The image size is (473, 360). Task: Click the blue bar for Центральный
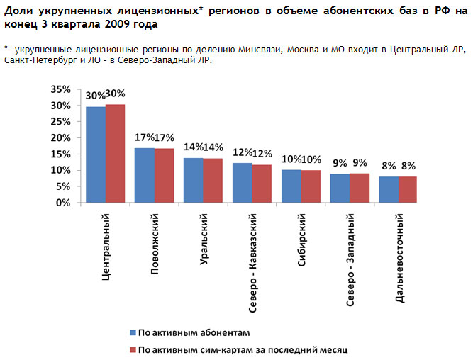(x=96, y=154)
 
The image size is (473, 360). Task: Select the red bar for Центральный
(x=115, y=153)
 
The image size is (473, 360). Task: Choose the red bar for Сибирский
(x=310, y=186)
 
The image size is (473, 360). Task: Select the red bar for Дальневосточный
(x=407, y=189)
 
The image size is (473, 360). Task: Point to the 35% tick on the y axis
(x=60, y=89)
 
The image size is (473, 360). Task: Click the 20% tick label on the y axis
(x=60, y=137)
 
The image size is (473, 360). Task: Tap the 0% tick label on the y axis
(x=62, y=203)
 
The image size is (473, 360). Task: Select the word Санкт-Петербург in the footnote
(x=39, y=60)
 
